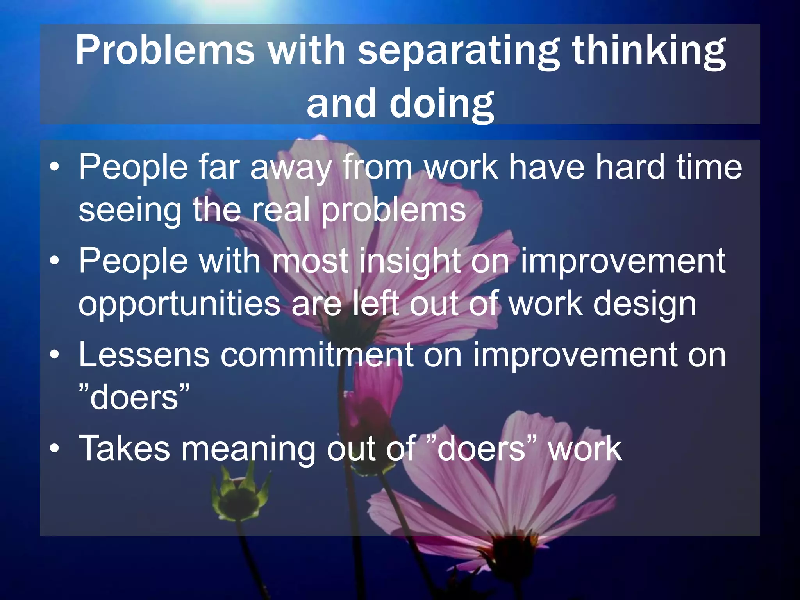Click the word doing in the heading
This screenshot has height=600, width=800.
[x=441, y=104]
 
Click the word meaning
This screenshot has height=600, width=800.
[x=248, y=449]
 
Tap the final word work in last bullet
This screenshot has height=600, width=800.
[x=584, y=449]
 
